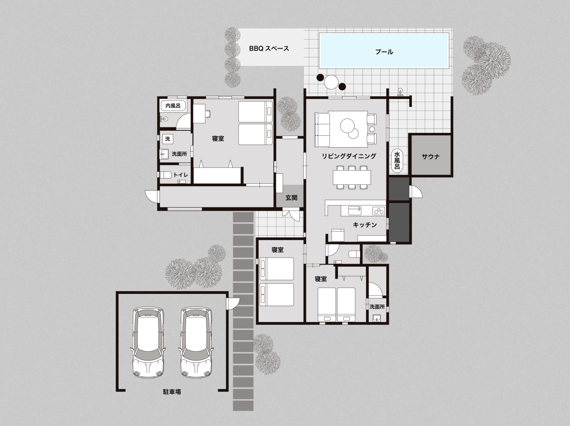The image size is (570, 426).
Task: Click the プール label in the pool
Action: pyautogui.click(x=384, y=52)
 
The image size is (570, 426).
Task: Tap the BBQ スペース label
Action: pyautogui.click(x=269, y=49)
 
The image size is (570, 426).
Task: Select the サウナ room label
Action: pyautogui.click(x=431, y=157)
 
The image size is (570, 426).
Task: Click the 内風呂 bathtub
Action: pyautogui.click(x=173, y=106)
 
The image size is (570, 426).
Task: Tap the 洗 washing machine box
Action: pyautogui.click(x=168, y=139)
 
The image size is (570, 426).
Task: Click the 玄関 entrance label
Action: pyautogui.click(x=291, y=198)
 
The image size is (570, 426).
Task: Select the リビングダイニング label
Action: pyautogui.click(x=349, y=156)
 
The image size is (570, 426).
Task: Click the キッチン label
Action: pyautogui.click(x=365, y=225)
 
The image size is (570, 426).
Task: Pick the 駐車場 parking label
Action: pyautogui.click(x=172, y=392)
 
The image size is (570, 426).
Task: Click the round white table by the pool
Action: pyautogui.click(x=331, y=82)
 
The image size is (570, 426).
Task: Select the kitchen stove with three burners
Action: pyautogui.click(x=379, y=211)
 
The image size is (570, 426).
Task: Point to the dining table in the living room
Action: pyautogui.click(x=352, y=177)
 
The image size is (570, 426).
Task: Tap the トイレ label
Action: pyautogui.click(x=181, y=175)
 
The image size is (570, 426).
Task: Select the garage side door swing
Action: pyautogui.click(x=233, y=303)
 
